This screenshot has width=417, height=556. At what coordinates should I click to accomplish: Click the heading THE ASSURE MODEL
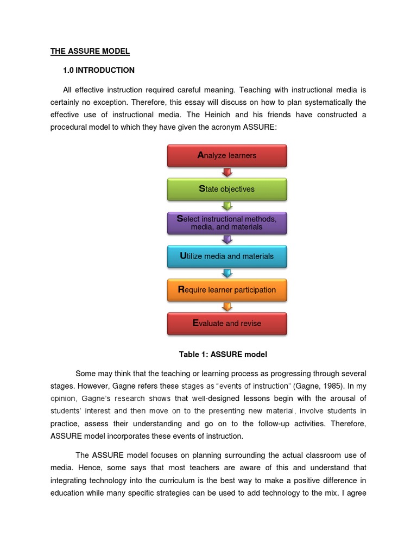pos(90,52)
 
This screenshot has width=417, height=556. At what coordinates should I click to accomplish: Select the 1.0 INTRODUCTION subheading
pos(99,70)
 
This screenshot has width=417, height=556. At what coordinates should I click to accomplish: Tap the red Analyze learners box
pos(227,155)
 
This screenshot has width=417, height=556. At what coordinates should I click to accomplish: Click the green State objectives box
pos(227,189)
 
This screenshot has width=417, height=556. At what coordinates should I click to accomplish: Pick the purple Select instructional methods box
pos(227,223)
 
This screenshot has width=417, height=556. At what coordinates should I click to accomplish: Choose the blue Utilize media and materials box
pos(227,256)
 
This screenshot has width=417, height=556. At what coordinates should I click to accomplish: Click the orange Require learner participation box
pos(227,289)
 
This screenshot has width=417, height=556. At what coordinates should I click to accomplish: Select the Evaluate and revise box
pos(227,323)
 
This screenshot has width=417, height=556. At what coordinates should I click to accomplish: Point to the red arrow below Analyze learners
pos(227,172)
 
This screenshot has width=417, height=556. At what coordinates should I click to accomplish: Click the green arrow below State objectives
pos(227,206)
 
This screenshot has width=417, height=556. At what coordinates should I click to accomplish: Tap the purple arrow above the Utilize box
pos(227,239)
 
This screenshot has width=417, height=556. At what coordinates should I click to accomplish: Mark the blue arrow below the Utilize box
pos(227,273)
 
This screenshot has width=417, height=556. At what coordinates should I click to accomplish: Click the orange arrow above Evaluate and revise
pos(227,306)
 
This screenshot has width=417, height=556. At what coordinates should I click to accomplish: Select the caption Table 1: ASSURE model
pos(223,355)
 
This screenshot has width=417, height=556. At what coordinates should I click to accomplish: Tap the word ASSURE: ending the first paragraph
pos(263,127)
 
